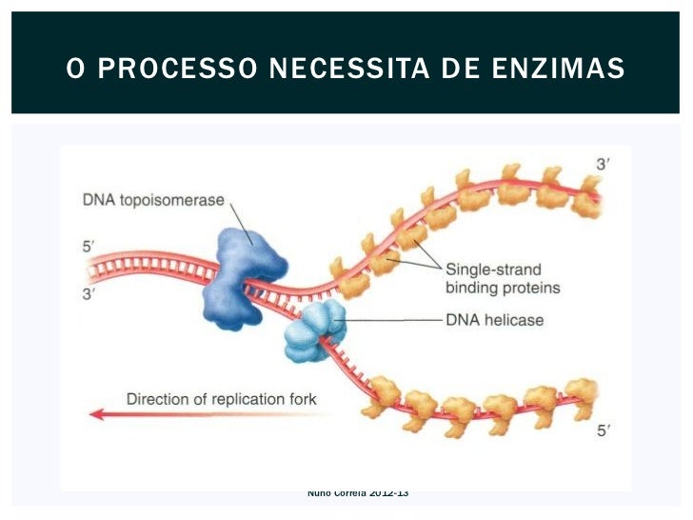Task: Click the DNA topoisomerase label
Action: pyautogui.click(x=153, y=201)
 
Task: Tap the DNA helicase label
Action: pyautogui.click(x=495, y=320)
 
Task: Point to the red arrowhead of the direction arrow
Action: pyautogui.click(x=95, y=414)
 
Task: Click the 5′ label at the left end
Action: pyautogui.click(x=89, y=246)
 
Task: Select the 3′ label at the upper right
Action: pyautogui.click(x=604, y=165)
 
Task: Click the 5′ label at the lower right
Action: pyautogui.click(x=604, y=431)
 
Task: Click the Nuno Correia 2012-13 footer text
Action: pyautogui.click(x=358, y=492)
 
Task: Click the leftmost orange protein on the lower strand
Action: pyautogui.click(x=382, y=392)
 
